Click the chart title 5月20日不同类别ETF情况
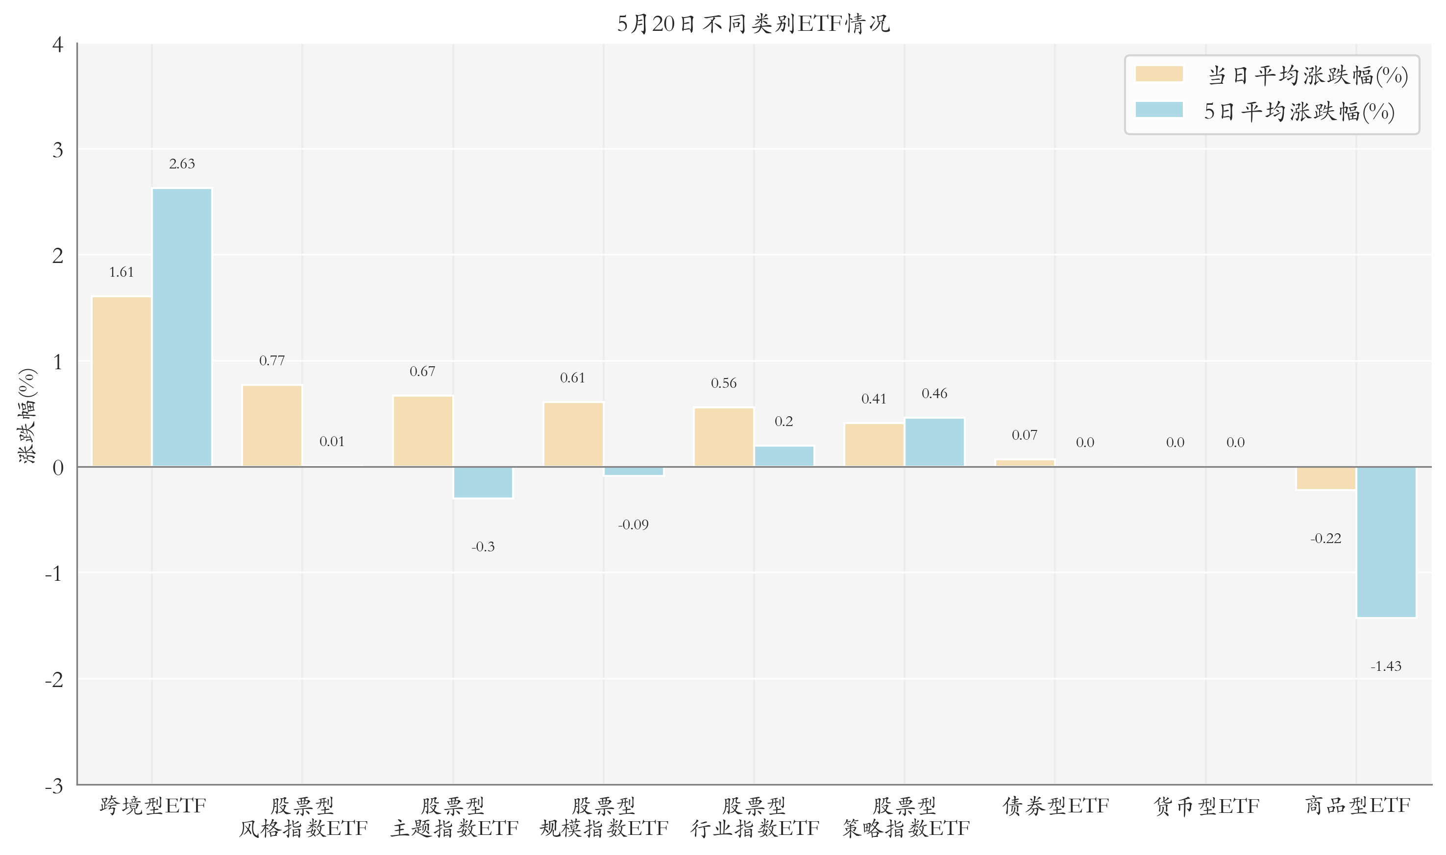(753, 24)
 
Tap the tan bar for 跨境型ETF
(122, 381)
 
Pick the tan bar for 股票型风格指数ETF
(272, 426)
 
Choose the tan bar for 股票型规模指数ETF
(573, 434)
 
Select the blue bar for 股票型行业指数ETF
(784, 456)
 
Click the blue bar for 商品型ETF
(1386, 542)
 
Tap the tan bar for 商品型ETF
(1325, 478)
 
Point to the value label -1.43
(1386, 666)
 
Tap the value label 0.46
(934, 394)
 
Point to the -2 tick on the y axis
(54, 680)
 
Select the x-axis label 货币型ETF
(1206, 806)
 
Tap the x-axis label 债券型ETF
(1055, 806)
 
